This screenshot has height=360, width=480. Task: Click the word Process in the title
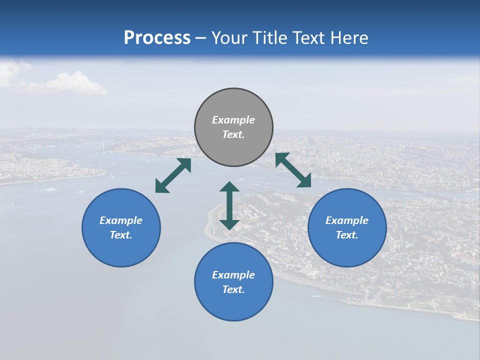click(157, 38)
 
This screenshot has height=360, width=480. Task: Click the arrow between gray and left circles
click(173, 175)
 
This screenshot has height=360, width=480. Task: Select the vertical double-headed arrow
click(229, 205)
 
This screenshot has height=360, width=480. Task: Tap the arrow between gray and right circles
click(293, 170)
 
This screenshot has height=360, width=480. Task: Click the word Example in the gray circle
click(233, 120)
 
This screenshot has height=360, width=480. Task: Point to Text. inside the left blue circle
click(121, 235)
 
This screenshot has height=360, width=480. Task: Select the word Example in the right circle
click(347, 220)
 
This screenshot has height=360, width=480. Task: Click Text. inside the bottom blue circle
click(233, 289)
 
